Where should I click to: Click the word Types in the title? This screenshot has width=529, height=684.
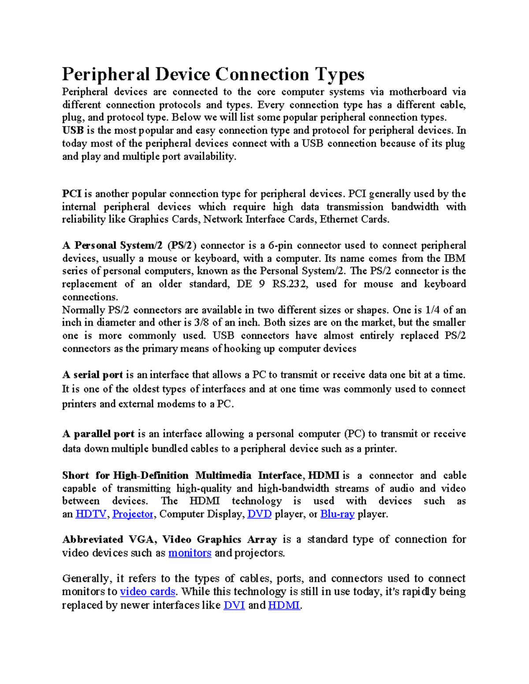coord(339,75)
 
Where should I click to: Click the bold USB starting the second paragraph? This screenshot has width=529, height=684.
coord(73,131)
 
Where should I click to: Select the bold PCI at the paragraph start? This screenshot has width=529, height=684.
coord(72,194)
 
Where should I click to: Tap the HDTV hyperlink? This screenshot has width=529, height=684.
coord(91,514)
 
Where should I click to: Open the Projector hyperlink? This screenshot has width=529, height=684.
coord(133,514)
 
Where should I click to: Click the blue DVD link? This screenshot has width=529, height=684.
coord(259,514)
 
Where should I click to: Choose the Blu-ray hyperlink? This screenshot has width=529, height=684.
coord(337,514)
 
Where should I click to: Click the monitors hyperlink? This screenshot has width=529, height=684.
coord(190,553)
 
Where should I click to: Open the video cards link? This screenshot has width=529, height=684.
coord(148,592)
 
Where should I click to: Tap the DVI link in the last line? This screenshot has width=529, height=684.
coord(234,606)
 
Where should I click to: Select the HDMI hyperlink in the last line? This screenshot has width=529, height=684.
coord(284,606)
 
